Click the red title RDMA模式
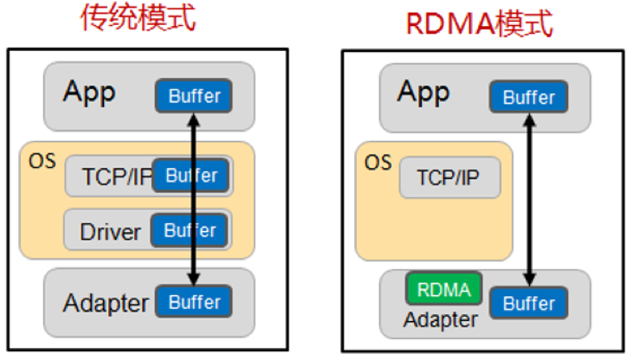(480, 23)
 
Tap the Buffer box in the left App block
(194, 96)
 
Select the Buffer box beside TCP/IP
(191, 176)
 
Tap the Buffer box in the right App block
(528, 97)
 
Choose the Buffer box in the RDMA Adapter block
(528, 304)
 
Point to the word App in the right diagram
(423, 93)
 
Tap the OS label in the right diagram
(378, 163)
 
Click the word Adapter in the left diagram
(106, 304)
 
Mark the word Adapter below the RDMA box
(440, 320)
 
